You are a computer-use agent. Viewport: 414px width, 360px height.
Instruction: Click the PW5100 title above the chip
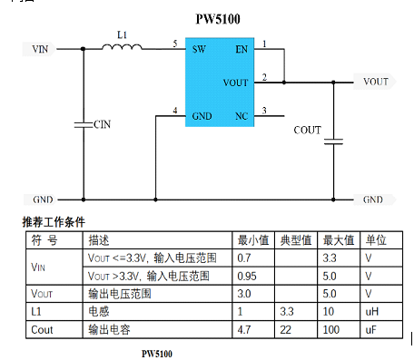pyautogui.click(x=218, y=19)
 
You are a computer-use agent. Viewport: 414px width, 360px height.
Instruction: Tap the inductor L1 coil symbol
pyautogui.click(x=122, y=46)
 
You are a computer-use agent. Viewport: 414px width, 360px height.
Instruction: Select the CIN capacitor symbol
pyautogui.click(x=84, y=124)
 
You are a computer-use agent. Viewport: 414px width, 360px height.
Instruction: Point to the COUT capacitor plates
pyautogui.click(x=333, y=141)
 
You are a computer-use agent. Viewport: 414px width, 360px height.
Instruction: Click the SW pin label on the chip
pyautogui.click(x=199, y=49)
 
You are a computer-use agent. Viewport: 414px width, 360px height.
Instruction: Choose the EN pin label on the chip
pyautogui.click(x=241, y=49)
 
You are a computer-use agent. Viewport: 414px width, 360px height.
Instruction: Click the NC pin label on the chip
pyautogui.click(x=241, y=116)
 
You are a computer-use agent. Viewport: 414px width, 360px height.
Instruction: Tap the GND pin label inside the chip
pyautogui.click(x=202, y=116)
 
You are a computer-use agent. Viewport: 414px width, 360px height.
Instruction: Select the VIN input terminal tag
pyautogui.click(x=39, y=49)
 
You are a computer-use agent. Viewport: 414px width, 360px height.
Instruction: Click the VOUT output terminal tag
pyautogui.click(x=375, y=82)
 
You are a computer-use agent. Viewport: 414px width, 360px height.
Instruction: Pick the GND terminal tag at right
pyautogui.click(x=374, y=199)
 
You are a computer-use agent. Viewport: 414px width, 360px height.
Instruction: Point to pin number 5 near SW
pyautogui.click(x=175, y=44)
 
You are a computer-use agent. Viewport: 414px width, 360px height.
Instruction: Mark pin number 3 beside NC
pyautogui.click(x=264, y=111)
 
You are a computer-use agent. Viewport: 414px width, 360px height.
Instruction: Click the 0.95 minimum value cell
pyautogui.click(x=247, y=276)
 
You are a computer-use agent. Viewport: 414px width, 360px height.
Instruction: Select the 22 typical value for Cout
pyautogui.click(x=285, y=329)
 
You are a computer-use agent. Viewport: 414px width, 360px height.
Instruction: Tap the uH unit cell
pyautogui.click(x=372, y=311)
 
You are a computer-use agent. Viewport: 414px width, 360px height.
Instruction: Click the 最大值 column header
pyautogui.click(x=339, y=240)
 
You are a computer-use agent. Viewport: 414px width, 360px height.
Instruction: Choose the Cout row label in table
pyautogui.click(x=42, y=329)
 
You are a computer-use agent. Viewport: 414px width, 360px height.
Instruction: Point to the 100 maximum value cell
pyautogui.click(x=330, y=329)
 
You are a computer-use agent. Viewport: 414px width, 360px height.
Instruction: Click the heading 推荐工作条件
pyautogui.click(x=54, y=222)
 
